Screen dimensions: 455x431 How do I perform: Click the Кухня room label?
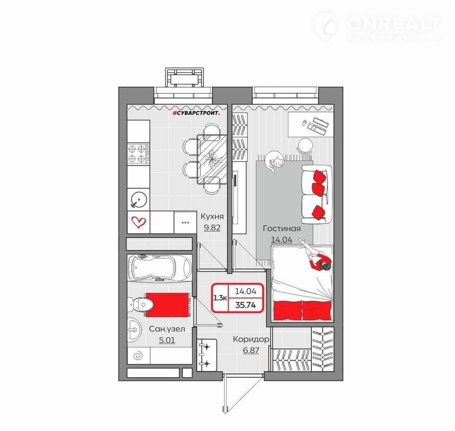pos(212,216)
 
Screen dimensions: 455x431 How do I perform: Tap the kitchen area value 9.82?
pos(212,228)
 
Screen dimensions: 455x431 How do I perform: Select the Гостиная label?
pos(282,229)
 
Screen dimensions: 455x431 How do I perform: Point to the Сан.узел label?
pos(167,329)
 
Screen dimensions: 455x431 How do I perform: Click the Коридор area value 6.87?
pos(251,350)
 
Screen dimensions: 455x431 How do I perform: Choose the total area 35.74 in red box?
pos(246,305)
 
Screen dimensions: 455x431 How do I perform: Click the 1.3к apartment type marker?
pos(220,298)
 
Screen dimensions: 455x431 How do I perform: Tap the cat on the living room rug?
pos(274,162)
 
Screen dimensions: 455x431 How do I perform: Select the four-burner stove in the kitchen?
pos(139,154)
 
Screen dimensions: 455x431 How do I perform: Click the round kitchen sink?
pos(139,200)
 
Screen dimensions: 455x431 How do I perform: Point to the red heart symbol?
pos(138,223)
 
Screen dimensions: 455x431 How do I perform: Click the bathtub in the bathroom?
pos(160,268)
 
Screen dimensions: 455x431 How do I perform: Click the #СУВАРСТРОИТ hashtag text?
pos(196,113)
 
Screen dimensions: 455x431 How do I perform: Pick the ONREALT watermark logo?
pos(377,26)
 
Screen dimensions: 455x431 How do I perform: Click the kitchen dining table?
pos(212,160)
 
